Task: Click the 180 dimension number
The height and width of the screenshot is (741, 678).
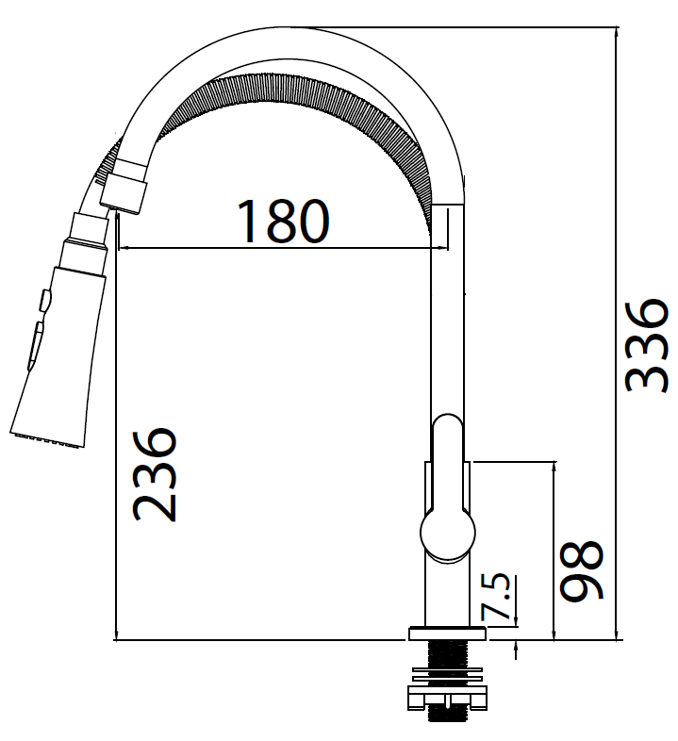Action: pos(282,221)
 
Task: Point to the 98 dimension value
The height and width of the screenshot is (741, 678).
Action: pos(581,571)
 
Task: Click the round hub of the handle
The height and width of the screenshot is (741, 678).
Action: pos(447,533)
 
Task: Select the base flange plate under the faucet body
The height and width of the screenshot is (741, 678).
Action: pos(447,634)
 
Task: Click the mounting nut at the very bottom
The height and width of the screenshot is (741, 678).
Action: pos(447,698)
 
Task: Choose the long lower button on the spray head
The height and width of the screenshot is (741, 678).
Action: pos(36,341)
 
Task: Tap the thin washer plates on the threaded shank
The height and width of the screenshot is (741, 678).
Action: pos(447,672)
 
